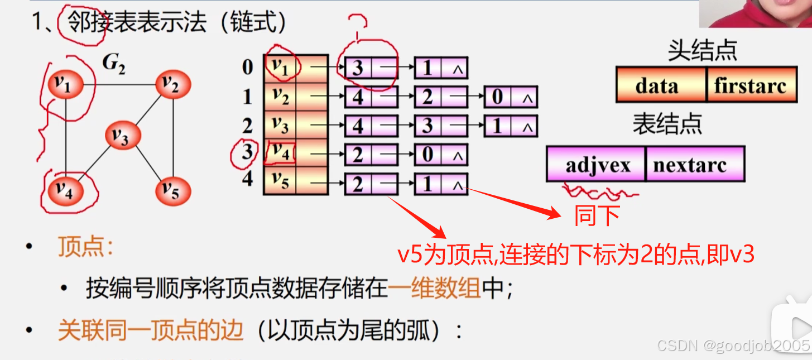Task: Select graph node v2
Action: click(x=173, y=85)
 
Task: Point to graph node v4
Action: click(x=65, y=191)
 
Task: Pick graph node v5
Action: click(x=173, y=191)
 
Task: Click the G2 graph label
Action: click(x=113, y=65)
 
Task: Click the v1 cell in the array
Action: click(x=280, y=67)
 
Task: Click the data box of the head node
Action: click(x=661, y=85)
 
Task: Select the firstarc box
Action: click(x=751, y=85)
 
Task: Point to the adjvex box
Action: click(x=596, y=165)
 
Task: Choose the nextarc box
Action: click(x=695, y=165)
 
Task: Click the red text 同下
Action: click(x=597, y=215)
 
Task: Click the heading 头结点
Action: click(x=702, y=51)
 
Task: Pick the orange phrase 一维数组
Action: click(x=434, y=288)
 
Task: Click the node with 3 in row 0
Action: click(x=358, y=68)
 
